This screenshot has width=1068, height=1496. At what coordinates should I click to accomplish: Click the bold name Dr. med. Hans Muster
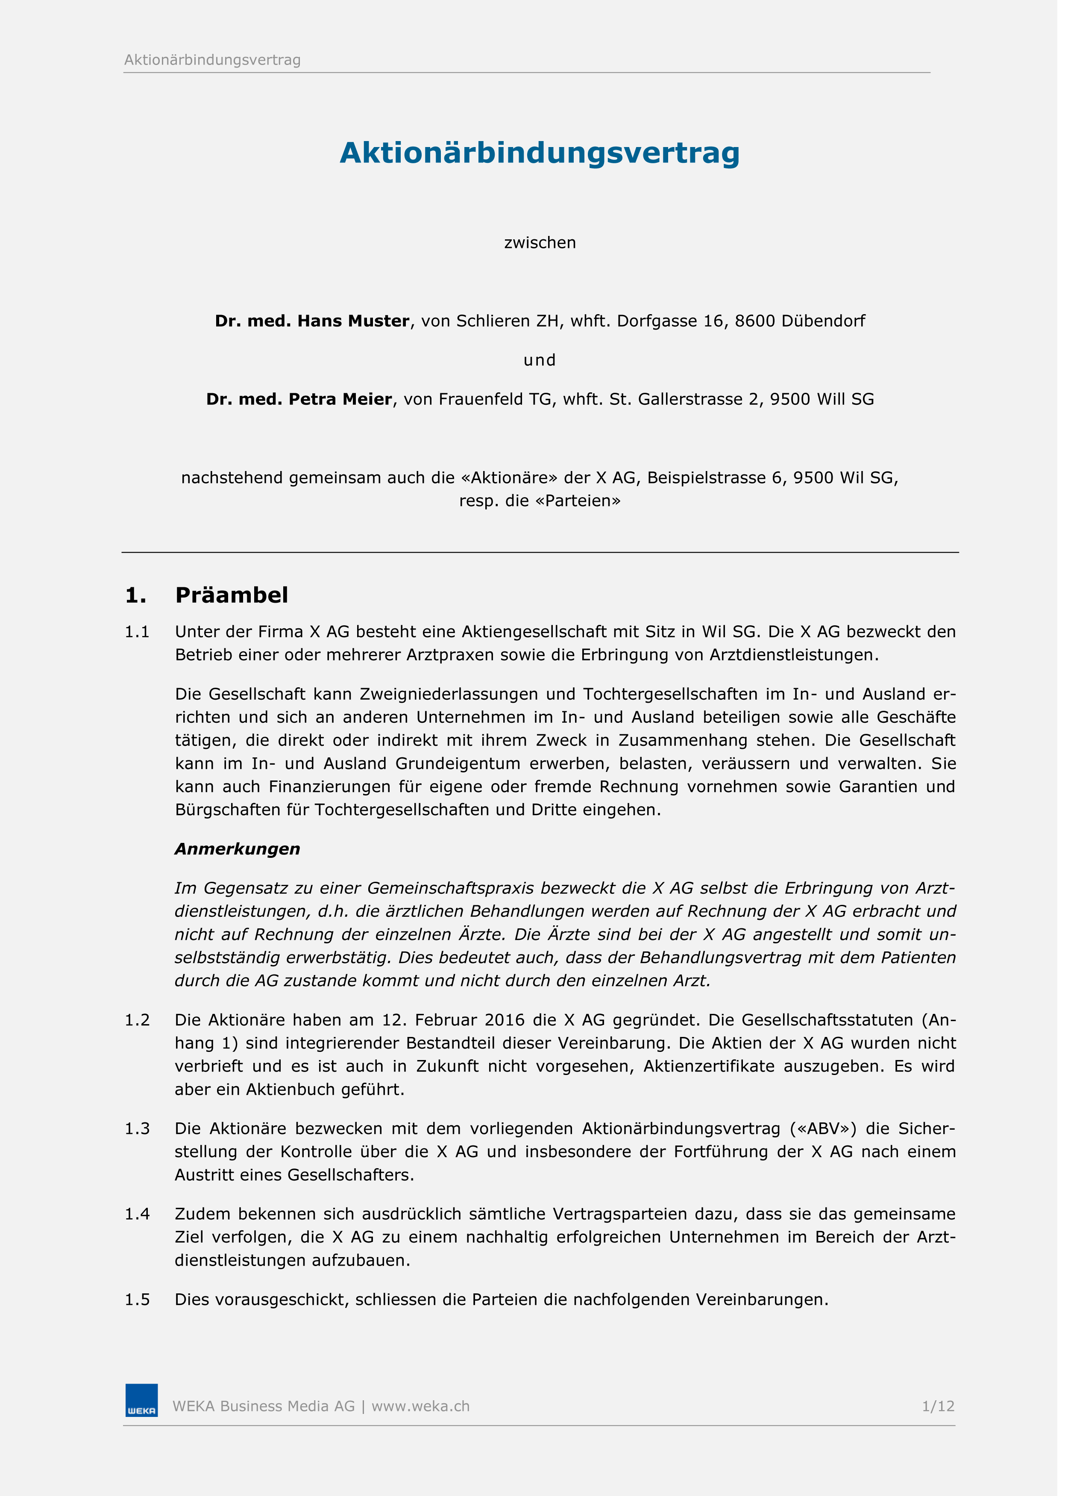coord(312,321)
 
